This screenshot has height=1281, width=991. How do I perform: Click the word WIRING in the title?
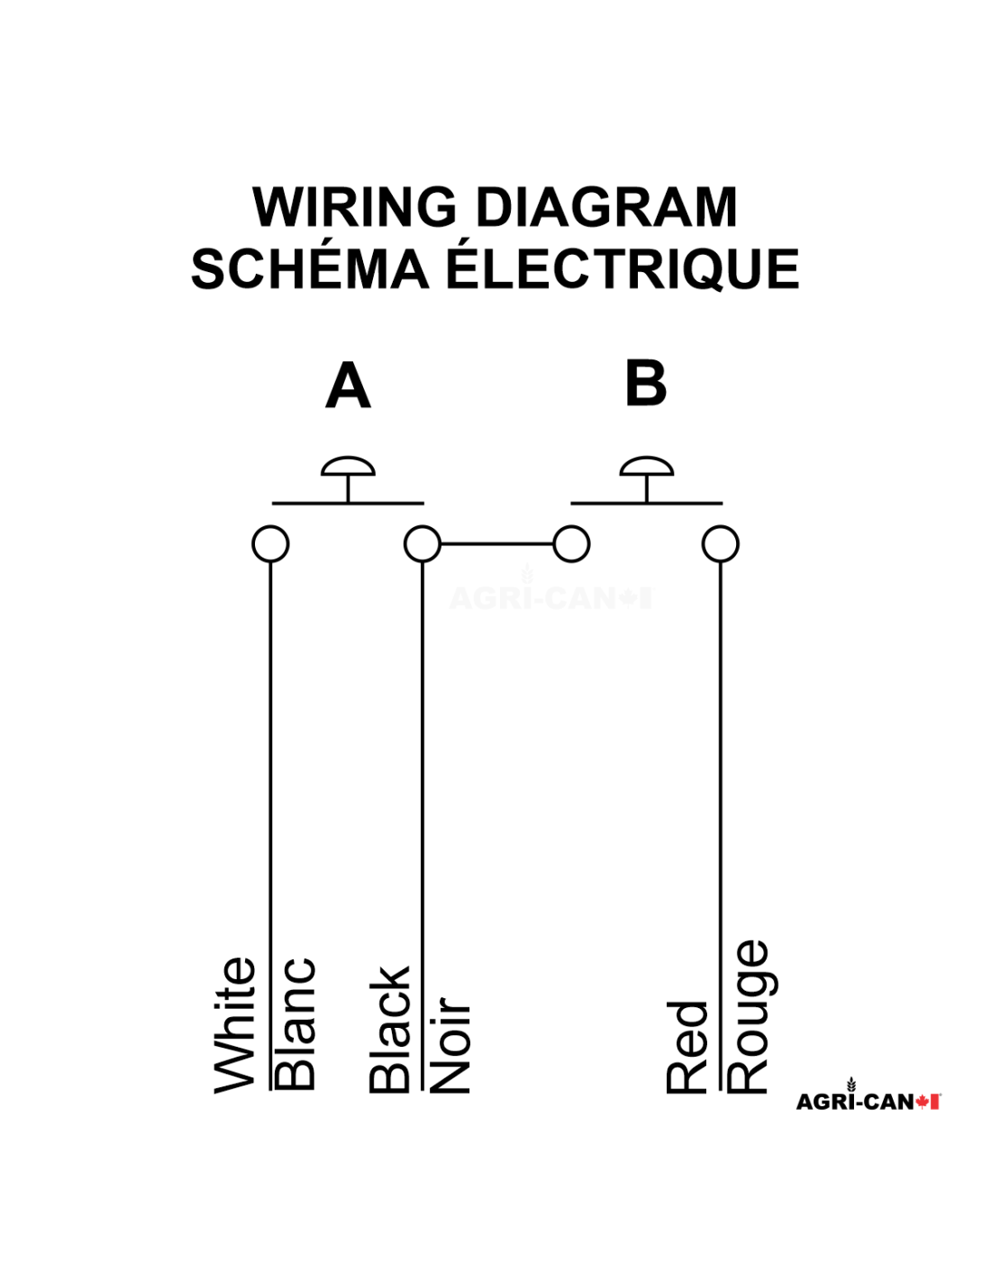(355, 207)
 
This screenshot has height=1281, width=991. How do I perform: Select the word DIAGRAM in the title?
(605, 207)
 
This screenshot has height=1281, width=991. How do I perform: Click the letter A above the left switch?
(348, 386)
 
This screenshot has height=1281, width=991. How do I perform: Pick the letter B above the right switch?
(646, 384)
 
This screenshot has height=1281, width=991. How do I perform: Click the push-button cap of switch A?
(348, 467)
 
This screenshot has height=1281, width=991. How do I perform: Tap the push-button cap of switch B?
(646, 467)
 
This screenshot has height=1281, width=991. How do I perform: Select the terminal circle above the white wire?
(270, 544)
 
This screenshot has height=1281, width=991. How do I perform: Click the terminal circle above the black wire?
(423, 544)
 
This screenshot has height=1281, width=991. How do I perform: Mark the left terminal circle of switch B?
(571, 544)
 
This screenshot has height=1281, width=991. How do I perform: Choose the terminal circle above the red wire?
(721, 544)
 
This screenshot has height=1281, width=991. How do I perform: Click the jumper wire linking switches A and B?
(496, 544)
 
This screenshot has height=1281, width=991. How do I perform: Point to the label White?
(235, 1025)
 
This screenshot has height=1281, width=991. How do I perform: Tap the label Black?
(390, 1030)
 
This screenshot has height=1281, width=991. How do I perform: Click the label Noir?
(450, 1045)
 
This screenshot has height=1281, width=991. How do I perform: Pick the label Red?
(687, 1047)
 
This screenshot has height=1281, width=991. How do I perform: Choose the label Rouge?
(747, 1017)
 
